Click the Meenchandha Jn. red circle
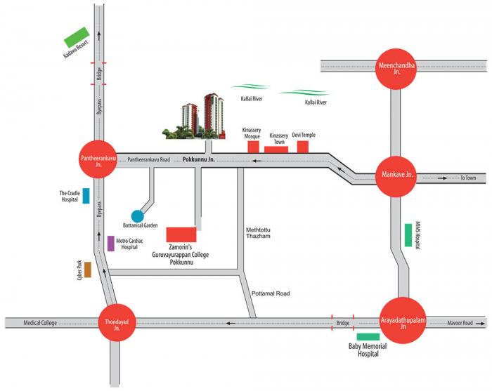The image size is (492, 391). (x=397, y=69)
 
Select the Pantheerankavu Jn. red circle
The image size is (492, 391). (x=96, y=159)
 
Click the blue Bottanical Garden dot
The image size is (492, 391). (x=138, y=216)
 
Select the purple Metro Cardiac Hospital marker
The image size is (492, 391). (x=111, y=244)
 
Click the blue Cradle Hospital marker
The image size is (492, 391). (x=86, y=196)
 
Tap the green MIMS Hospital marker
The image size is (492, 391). (x=408, y=234)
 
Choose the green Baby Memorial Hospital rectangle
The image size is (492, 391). (x=368, y=338)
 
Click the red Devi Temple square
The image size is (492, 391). (x=303, y=146)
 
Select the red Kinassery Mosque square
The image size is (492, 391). (x=252, y=146)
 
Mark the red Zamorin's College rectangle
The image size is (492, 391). (x=181, y=234)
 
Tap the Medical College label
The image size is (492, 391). (x=40, y=323)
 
